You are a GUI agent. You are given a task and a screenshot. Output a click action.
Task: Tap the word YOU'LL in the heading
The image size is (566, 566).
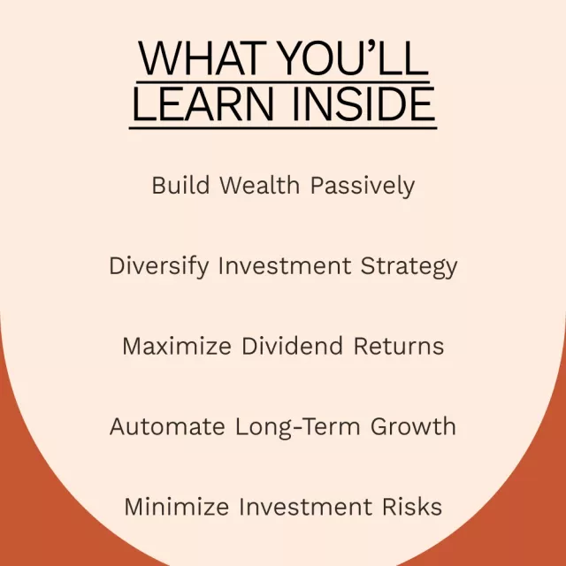click(x=354, y=57)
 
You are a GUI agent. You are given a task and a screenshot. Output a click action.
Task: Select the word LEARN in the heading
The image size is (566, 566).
click(x=203, y=104)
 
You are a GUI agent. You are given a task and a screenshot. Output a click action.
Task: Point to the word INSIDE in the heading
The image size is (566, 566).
click(x=363, y=104)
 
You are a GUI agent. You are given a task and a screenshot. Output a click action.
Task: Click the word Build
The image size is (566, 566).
click(x=180, y=185)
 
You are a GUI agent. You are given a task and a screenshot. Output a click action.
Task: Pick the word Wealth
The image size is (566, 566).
click(x=259, y=185)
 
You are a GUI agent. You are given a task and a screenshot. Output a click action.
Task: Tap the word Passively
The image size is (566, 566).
click(x=363, y=187)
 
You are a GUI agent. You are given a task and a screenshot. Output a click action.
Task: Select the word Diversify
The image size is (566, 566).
click(x=159, y=266)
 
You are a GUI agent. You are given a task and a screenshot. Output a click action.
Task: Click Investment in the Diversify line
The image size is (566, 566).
click(x=285, y=265)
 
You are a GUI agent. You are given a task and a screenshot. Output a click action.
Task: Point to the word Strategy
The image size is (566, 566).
click(x=409, y=267)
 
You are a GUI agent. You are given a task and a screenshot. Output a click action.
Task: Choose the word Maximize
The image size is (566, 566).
click(x=177, y=346)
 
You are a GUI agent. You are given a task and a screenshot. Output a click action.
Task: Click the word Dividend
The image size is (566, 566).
click(x=292, y=346)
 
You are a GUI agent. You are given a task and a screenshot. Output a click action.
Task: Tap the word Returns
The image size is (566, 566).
click(x=399, y=347)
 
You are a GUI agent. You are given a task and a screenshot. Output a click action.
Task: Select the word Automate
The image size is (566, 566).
click(x=167, y=426)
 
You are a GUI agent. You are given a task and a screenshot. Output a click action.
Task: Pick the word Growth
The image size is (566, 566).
click(x=413, y=426)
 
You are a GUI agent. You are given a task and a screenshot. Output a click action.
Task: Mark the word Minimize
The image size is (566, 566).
click(x=177, y=507)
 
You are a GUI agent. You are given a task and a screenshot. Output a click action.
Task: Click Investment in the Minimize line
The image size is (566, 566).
click(x=305, y=507)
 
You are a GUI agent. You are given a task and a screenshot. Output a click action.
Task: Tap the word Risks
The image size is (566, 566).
click(x=412, y=507)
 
